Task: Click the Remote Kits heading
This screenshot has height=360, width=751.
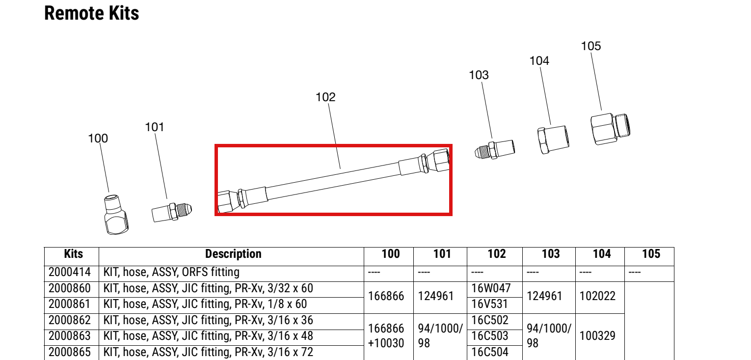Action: (91, 13)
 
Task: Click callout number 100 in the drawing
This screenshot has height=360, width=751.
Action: (98, 138)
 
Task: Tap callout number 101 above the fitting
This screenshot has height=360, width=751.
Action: (155, 127)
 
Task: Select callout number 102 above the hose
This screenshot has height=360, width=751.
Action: (325, 97)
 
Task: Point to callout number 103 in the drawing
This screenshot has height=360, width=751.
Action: (479, 75)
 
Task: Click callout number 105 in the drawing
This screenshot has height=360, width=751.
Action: (591, 46)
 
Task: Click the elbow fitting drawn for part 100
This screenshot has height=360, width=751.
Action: (116, 214)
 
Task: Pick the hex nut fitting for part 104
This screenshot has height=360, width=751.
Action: (553, 139)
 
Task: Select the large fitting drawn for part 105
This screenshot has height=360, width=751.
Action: (610, 129)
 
